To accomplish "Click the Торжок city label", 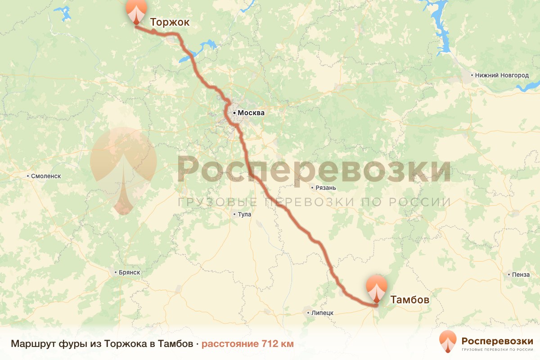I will (170, 22).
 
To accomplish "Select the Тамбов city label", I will (409, 300).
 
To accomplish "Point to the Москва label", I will (251, 113).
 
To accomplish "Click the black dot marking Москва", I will (234, 113).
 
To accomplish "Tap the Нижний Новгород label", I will (502, 75).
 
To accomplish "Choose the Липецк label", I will (321, 313).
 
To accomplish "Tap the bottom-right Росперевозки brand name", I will (497, 340).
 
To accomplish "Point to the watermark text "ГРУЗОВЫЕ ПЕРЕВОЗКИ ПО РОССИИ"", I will (314, 202).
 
